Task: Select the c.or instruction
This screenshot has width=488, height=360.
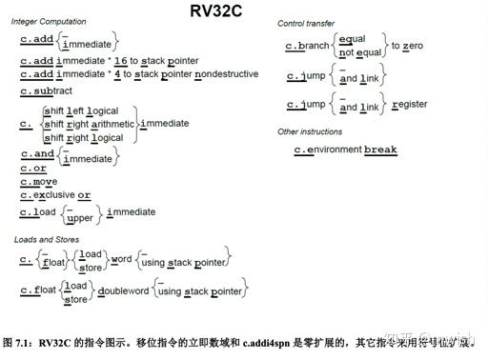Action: pos(33,168)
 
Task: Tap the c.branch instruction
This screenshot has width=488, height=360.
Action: pos(308,46)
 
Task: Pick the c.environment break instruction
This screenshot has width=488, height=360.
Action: pos(345,150)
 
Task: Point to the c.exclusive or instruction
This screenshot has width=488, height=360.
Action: pos(56,194)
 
